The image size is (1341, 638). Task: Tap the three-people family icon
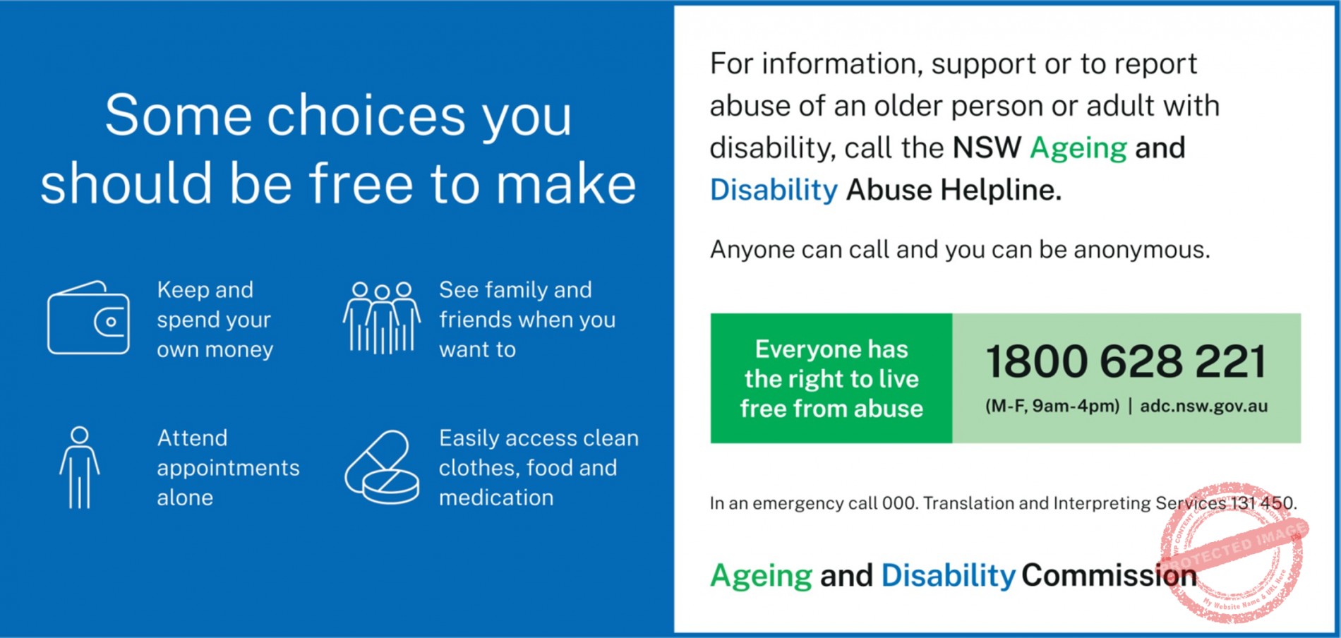point(382,318)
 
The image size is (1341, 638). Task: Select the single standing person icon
point(80,467)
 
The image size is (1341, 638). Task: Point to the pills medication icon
point(382,467)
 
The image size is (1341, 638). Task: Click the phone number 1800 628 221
point(1126,361)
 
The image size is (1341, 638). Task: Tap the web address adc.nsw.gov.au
point(1204,406)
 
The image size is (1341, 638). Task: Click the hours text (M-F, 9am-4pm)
point(1052,406)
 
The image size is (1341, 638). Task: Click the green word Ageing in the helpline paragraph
point(1078,149)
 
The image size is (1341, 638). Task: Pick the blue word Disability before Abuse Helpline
point(774,191)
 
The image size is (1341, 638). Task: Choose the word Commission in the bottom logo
point(1109,576)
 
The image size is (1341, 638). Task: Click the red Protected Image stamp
point(1233,553)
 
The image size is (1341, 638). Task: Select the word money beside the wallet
point(239,350)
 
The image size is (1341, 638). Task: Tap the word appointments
point(228,469)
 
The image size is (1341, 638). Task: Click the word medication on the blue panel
point(496,498)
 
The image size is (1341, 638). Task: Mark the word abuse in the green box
point(888,409)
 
